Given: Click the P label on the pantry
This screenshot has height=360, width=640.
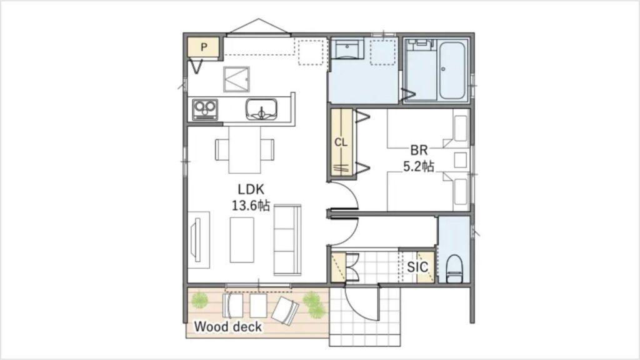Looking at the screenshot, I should [204, 47].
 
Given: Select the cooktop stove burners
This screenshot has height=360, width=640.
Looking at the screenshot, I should [204, 109].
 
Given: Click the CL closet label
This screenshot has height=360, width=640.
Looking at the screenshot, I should [340, 142].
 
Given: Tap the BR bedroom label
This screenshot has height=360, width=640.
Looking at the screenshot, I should [419, 151].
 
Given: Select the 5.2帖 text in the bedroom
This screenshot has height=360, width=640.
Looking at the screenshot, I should [419, 166].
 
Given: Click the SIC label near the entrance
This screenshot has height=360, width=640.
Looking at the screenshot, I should [417, 267].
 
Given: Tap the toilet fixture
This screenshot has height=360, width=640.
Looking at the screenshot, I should [454, 268].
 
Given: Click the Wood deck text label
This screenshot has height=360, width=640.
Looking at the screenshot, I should [228, 326].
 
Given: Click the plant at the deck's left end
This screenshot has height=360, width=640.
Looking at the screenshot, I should [199, 301].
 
